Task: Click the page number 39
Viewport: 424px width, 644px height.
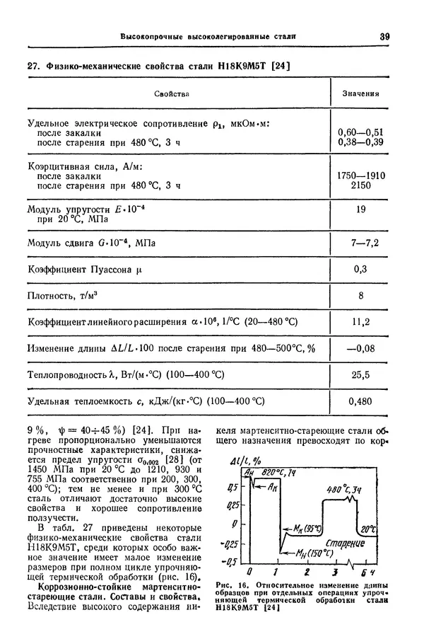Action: tap(385, 35)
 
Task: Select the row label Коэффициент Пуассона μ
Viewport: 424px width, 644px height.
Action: tap(85, 269)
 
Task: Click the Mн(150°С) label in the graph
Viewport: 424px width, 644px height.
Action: tap(313, 553)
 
